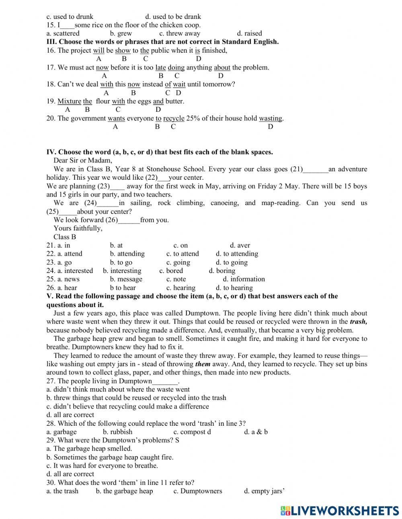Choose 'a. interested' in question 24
pyautogui.click(x=70, y=271)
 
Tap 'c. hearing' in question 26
pyautogui.click(x=180, y=288)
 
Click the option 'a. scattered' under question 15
pyautogui.click(x=63, y=33)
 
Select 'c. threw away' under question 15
pyautogui.click(x=179, y=33)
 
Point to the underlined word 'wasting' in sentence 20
pyautogui.click(x=271, y=118)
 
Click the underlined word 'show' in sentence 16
pyautogui.click(x=123, y=50)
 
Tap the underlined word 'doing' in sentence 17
pyautogui.click(x=176, y=68)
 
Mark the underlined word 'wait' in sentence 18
pyautogui.click(x=179, y=84)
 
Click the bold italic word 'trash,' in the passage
pyautogui.click(x=359, y=322)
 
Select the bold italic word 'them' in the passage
pyautogui.click(x=203, y=364)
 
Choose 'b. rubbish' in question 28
pyautogui.click(x=117, y=432)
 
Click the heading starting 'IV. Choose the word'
pyautogui.click(x=160, y=152)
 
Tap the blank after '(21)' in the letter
pyautogui.click(x=316, y=169)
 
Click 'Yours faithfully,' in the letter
pyautogui.click(x=78, y=228)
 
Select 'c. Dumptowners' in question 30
pyautogui.click(x=197, y=491)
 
